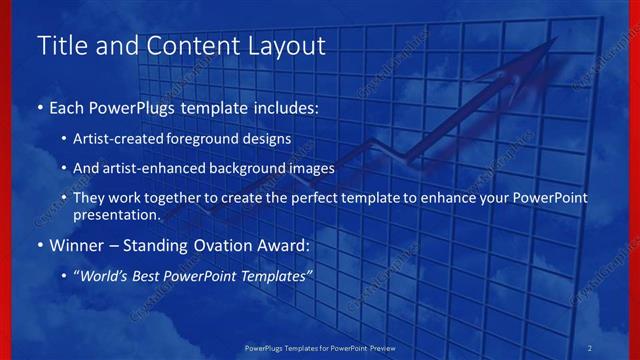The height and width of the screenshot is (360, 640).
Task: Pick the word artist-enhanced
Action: [167, 168]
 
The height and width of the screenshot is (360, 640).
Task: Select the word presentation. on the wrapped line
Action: [117, 214]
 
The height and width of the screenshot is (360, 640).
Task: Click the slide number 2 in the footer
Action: [590, 347]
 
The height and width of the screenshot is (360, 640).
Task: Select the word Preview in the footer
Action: [379, 347]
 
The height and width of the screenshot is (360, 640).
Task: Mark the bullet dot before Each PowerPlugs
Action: [39, 106]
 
